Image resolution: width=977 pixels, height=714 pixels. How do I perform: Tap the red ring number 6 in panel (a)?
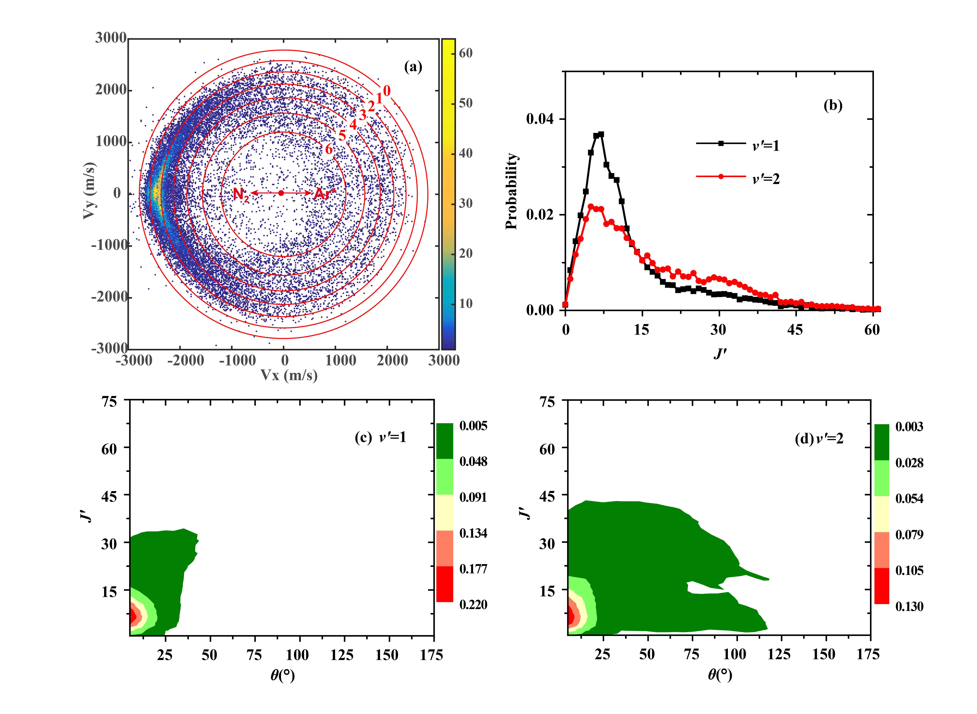329,149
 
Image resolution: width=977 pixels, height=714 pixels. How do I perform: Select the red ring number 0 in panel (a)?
386,91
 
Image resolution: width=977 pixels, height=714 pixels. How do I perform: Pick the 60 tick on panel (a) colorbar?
466,53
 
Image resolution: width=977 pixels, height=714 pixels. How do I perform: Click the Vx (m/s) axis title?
289,375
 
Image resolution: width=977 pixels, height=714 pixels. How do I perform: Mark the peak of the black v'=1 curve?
601,134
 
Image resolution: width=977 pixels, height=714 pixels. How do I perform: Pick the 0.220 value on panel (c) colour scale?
473,604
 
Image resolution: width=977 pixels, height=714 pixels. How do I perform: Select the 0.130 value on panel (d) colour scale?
909,606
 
